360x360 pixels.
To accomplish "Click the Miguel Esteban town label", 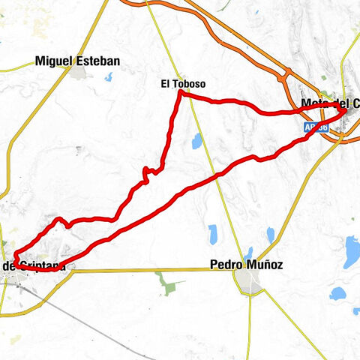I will pos(77,61).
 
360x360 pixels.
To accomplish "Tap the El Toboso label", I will pos(183,85).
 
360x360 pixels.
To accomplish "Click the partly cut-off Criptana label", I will pos(34,265).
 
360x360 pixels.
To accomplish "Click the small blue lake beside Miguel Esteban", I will pos(109,76).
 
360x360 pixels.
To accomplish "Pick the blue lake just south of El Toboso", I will pos(196,140).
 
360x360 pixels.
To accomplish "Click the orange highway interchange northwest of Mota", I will pos(286,73).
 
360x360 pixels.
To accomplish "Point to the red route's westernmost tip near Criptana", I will pos(14,258).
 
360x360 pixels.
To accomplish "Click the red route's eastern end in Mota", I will pos(343,109).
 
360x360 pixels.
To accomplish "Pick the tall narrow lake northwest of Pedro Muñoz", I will pos(213,233).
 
